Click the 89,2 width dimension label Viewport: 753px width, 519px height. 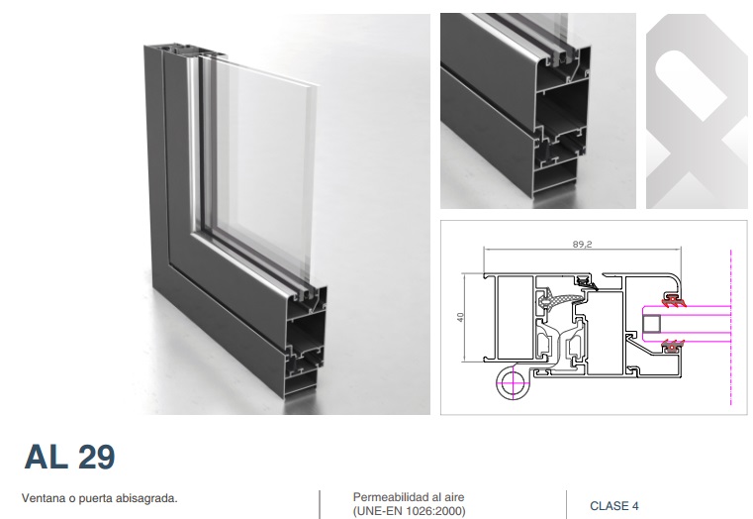pyautogui.click(x=582, y=244)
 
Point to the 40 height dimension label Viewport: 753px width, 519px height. pyautogui.click(x=460, y=317)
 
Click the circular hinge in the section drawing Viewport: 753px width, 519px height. pyautogui.click(x=513, y=383)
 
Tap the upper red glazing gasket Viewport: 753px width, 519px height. pyautogui.click(x=673, y=299)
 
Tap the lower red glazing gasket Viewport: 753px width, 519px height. pyautogui.click(x=673, y=346)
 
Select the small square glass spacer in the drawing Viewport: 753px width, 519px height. pyautogui.click(x=652, y=324)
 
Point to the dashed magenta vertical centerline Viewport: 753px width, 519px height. pyautogui.click(x=731, y=327)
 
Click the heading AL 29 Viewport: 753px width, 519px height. pyautogui.click(x=69, y=457)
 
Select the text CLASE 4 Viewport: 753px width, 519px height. pyautogui.click(x=614, y=506)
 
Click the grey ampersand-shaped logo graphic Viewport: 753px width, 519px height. pyautogui.click(x=697, y=111)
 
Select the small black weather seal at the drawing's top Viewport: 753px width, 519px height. pyautogui.click(x=585, y=279)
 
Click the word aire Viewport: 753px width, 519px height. pyautogui.click(x=454, y=497)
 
